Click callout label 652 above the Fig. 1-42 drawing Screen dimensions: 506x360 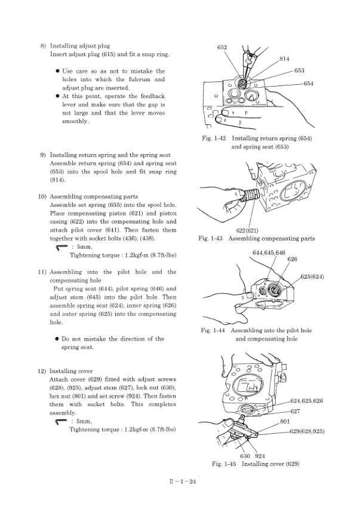(x=221, y=46)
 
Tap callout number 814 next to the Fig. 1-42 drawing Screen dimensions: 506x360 (x=284, y=59)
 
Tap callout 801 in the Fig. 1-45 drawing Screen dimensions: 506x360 (x=284, y=422)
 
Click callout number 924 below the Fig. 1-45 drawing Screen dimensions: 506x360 (x=260, y=456)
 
